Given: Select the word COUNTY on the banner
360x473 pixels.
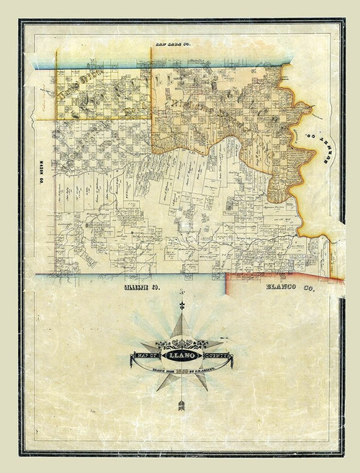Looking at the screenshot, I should [x=218, y=355].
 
